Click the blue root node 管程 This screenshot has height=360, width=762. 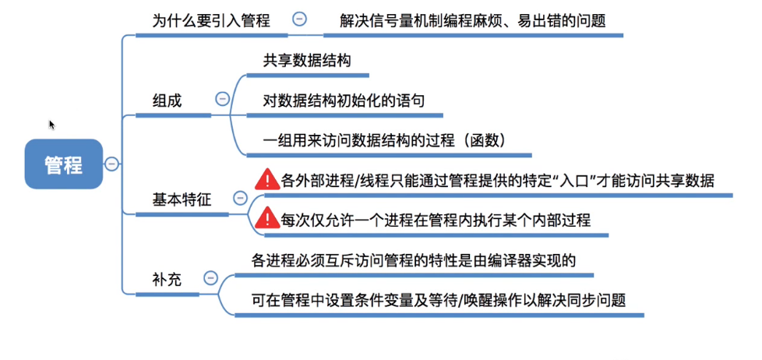[x=63, y=164]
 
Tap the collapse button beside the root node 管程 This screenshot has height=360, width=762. [x=112, y=164]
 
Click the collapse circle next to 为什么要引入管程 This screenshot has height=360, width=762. [x=299, y=21]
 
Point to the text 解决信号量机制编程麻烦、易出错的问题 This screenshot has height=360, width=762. [x=473, y=21]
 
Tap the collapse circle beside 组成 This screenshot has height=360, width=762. [x=222, y=99]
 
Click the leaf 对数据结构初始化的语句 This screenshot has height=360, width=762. [x=344, y=101]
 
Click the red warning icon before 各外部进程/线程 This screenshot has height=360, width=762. [x=267, y=180]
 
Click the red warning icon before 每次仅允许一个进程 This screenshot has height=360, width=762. [x=267, y=220]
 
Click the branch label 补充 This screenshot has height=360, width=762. [x=166, y=278]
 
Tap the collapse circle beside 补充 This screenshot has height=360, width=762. [x=210, y=277]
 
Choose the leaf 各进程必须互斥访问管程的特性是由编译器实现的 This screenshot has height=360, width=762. [x=413, y=260]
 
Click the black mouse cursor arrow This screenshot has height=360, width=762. [x=52, y=125]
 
